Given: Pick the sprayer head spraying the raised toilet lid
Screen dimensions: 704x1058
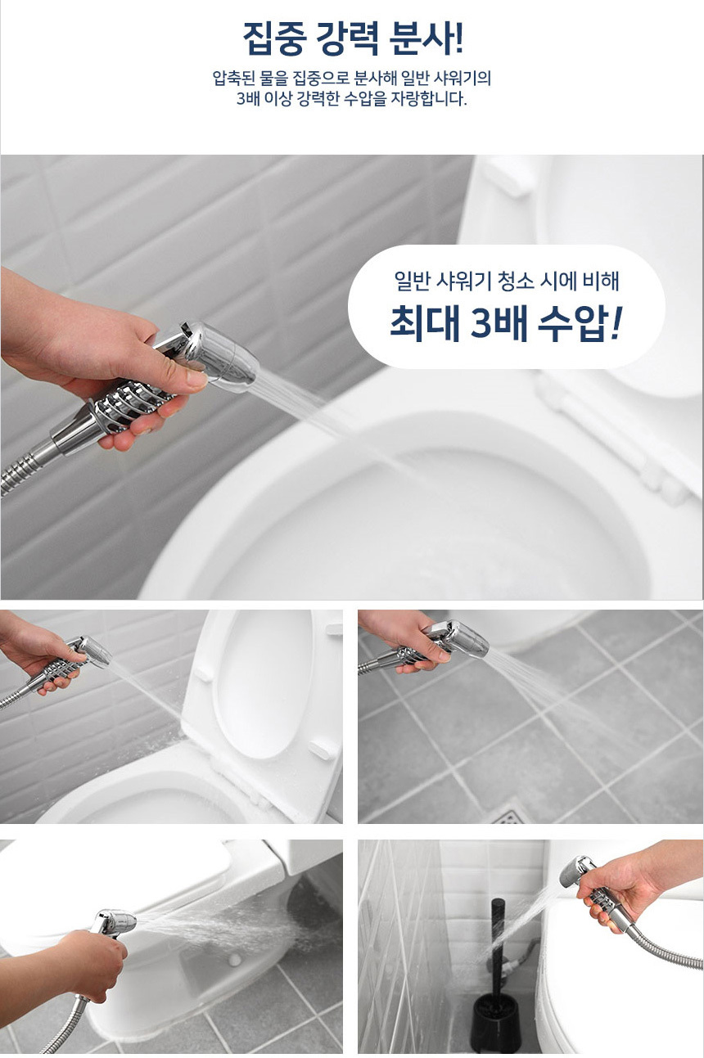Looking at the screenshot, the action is tap(93, 651).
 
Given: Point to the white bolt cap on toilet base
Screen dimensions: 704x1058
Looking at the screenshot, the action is tap(233, 959).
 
